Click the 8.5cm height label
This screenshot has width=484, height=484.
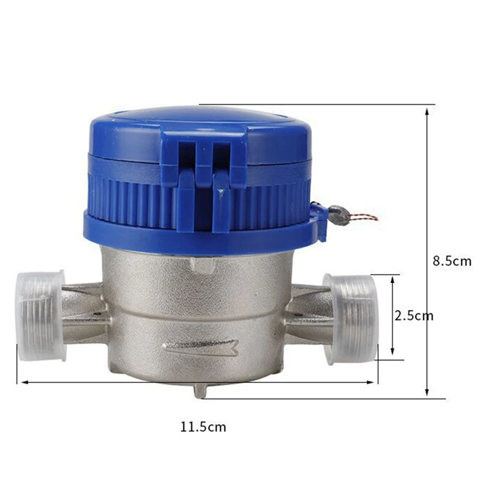[x=452, y=261]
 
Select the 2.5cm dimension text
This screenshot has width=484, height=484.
[x=414, y=316]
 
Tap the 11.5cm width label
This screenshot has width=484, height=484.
[x=203, y=427]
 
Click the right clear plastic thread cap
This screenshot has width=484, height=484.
[x=351, y=319]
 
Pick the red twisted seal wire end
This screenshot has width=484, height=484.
[x=364, y=217]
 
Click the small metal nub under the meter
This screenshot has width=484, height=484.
[x=201, y=391]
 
